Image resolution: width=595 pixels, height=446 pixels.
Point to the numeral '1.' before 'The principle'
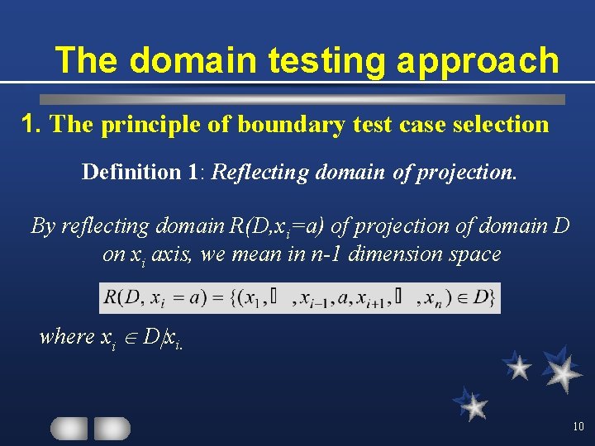click(32, 124)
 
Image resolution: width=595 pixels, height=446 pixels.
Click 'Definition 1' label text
click(141, 172)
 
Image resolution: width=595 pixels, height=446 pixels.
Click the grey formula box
click(300, 297)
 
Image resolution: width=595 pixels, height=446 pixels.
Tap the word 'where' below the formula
click(67, 336)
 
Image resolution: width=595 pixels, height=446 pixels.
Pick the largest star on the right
click(562, 371)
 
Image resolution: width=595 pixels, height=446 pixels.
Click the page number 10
click(577, 427)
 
